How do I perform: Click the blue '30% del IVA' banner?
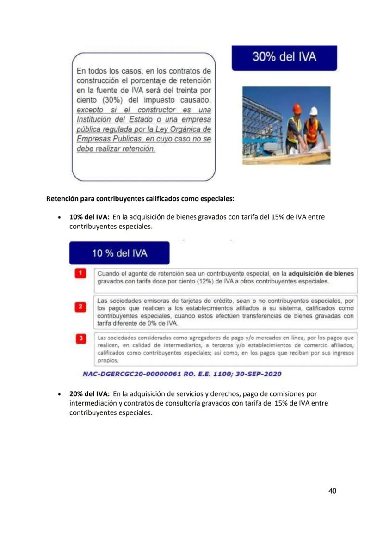click(284, 57)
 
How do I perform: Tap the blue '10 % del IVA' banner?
click(119, 253)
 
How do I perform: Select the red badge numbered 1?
click(80, 273)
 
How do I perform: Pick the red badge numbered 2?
click(80, 307)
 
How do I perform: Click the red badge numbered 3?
click(80, 338)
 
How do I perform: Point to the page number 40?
click(332, 491)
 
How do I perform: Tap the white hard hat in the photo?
click(314, 111)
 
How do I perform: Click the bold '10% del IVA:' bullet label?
click(89, 217)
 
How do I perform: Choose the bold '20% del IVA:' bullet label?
click(89, 394)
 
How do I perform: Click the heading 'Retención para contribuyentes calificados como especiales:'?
click(140, 199)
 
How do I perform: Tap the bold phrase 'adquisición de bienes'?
click(324, 273)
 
